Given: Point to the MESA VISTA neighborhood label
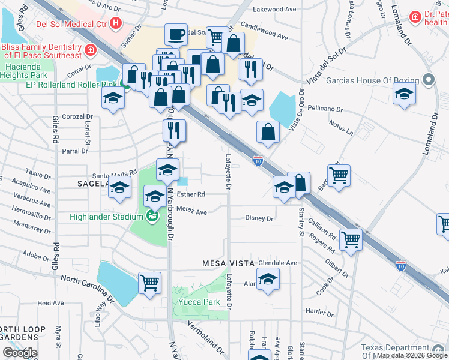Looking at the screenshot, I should pos(227,263).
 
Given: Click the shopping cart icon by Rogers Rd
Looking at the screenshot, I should pos(351,239).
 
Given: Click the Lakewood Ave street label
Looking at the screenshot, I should pos(275,10).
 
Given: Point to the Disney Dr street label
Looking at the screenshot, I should pos(259,218).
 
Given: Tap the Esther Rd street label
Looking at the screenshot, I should pos(192,194).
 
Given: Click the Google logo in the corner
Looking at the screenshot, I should pos(20,353).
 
